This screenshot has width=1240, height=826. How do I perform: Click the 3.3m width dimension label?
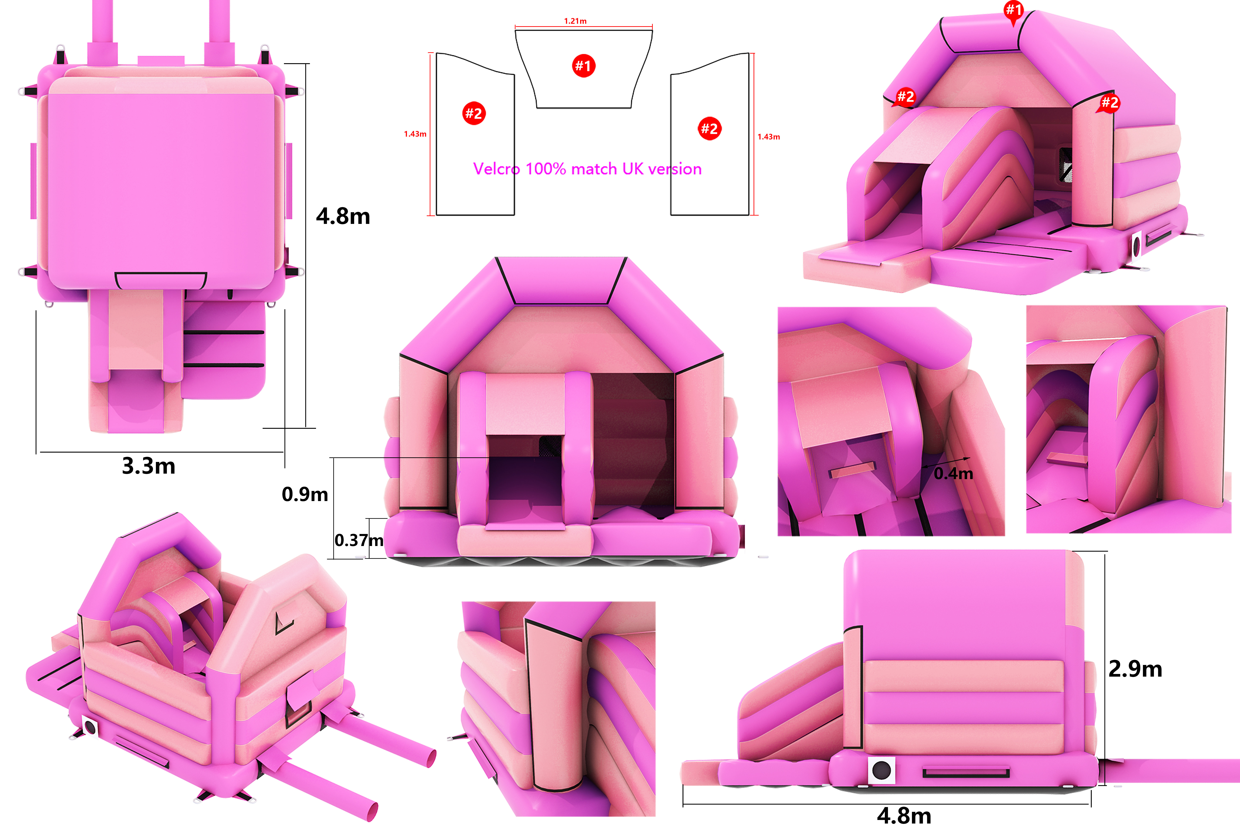tap(149, 466)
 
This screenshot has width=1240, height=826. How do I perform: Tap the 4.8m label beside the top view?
tap(343, 216)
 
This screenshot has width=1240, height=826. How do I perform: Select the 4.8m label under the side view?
tap(904, 815)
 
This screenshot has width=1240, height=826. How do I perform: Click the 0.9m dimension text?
tap(305, 494)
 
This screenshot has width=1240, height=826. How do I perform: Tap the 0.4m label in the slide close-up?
tap(953, 473)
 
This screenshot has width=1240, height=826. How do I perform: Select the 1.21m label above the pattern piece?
tap(575, 21)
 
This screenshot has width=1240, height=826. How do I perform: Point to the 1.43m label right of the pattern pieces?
tap(769, 136)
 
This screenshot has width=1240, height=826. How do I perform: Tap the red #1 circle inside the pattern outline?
tap(584, 66)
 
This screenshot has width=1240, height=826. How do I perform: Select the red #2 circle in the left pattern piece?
tap(474, 113)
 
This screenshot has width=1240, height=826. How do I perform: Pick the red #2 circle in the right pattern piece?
tap(710, 128)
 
